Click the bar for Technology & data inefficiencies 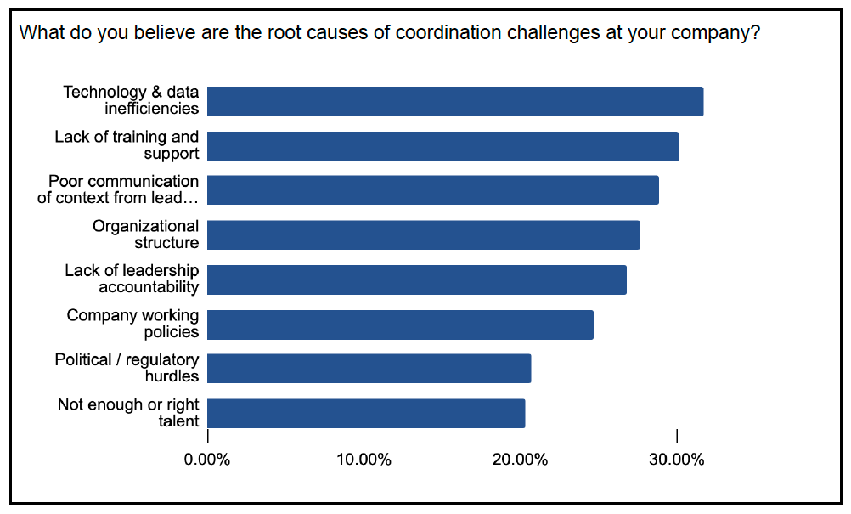pyautogui.click(x=455, y=101)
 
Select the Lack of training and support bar pyautogui.click(x=442, y=146)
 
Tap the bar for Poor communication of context pyautogui.click(x=433, y=190)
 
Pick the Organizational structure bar pyautogui.click(x=423, y=234)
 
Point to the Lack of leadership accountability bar pyautogui.click(x=417, y=280)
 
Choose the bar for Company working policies pyautogui.click(x=400, y=325)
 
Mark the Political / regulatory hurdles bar pyautogui.click(x=369, y=369)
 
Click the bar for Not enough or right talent pyautogui.click(x=366, y=414)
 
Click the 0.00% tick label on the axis pyautogui.click(x=207, y=460)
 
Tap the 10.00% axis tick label pyautogui.click(x=364, y=460)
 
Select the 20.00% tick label pyautogui.click(x=520, y=460)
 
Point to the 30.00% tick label pyautogui.click(x=676, y=460)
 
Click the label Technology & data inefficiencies pyautogui.click(x=131, y=100)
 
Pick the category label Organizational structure pyautogui.click(x=146, y=234)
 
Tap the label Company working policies pyautogui.click(x=133, y=324)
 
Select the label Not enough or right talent pyautogui.click(x=128, y=413)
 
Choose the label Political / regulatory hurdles pyautogui.click(x=127, y=368)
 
